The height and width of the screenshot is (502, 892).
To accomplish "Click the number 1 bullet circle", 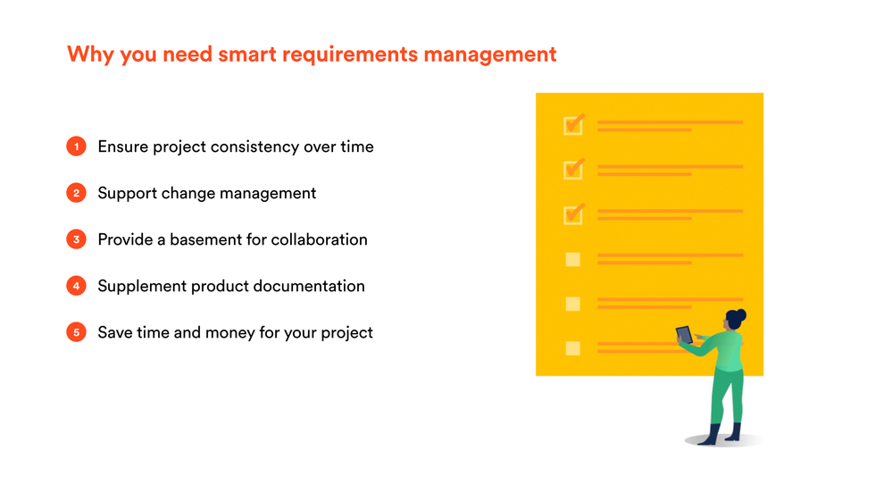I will [x=76, y=146].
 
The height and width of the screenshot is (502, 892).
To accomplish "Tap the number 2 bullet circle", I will [x=76, y=193].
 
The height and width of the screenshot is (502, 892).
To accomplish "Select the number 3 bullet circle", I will [x=76, y=239].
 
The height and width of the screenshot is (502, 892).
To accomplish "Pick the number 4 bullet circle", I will [x=76, y=286].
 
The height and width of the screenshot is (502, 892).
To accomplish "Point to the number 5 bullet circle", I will [x=76, y=332].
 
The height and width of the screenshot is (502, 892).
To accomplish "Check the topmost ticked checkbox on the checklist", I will [x=573, y=125].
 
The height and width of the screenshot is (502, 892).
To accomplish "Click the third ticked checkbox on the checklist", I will [x=573, y=214].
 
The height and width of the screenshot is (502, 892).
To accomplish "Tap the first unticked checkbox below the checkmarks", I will [x=573, y=259].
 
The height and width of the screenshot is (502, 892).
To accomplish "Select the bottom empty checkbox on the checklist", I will [x=573, y=348].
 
